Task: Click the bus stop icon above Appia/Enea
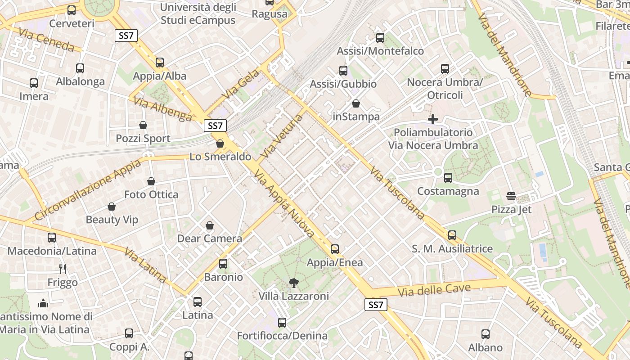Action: (x=334, y=249)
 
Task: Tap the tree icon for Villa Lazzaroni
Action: (x=293, y=283)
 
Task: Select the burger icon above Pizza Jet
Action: (x=511, y=196)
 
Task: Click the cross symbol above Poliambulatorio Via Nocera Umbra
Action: (x=432, y=119)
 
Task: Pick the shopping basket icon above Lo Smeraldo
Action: (x=220, y=144)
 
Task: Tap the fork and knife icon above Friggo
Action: (x=63, y=269)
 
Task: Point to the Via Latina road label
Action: (x=145, y=265)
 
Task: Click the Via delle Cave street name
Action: (x=434, y=290)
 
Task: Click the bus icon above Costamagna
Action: (x=448, y=178)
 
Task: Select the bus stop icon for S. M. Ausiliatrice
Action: (x=452, y=235)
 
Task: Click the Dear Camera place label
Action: (x=210, y=238)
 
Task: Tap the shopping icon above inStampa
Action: (x=356, y=103)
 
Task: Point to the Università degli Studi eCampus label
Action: (x=198, y=14)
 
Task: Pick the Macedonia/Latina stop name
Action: (x=52, y=251)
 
